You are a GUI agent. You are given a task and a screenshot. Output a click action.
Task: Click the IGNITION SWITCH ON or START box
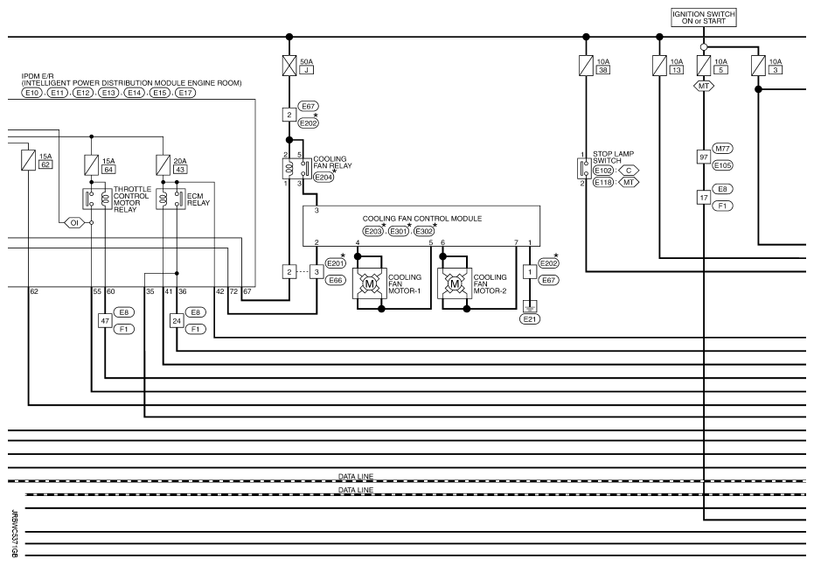(x=704, y=17)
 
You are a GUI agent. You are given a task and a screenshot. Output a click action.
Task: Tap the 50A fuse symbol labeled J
(x=289, y=66)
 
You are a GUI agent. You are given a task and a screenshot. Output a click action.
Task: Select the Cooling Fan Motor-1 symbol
(x=369, y=283)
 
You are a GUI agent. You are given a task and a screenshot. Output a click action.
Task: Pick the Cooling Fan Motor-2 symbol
(x=455, y=283)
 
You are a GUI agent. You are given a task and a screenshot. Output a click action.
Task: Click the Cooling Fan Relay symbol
(x=297, y=168)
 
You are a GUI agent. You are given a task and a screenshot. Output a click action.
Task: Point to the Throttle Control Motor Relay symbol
(x=98, y=199)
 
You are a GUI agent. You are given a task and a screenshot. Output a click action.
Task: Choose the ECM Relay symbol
(x=170, y=199)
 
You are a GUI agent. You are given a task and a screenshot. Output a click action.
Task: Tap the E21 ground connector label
(x=530, y=318)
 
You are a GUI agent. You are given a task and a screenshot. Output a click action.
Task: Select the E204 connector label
(x=324, y=177)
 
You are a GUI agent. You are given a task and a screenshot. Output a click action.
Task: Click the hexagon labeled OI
(x=74, y=223)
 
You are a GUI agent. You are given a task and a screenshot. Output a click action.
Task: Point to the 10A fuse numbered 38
(x=586, y=66)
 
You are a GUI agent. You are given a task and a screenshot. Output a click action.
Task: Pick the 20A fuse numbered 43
(x=163, y=165)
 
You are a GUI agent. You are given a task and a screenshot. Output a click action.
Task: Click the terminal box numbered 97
(x=704, y=157)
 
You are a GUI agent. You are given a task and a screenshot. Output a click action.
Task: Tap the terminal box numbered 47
(x=105, y=320)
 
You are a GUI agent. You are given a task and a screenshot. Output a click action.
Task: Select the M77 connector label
(x=722, y=149)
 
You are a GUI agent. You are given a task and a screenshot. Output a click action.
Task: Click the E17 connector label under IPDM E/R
(x=184, y=93)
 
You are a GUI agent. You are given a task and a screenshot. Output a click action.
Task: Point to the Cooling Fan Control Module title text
(x=422, y=219)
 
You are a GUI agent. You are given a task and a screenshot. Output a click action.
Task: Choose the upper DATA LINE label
(x=356, y=476)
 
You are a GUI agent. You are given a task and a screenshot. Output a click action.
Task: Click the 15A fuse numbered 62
(x=28, y=160)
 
